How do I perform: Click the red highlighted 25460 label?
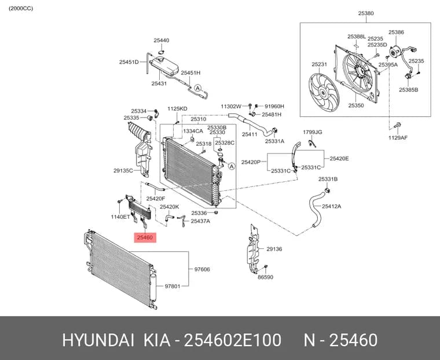[145, 238]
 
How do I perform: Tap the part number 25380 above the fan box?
[366, 13]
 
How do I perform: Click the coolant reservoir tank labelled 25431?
[164, 66]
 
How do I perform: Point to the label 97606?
[202, 269]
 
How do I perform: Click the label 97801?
[173, 286]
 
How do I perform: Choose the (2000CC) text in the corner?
[21, 9]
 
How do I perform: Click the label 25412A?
[331, 207]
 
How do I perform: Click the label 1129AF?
[398, 138]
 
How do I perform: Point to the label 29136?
[274, 249]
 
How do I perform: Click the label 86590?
[266, 277]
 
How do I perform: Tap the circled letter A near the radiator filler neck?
[232, 166]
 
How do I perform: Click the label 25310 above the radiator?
[199, 119]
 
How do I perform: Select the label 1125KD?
[177, 109]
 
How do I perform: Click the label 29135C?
[123, 170]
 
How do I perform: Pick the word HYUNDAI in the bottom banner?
[98, 340]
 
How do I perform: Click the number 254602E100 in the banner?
[232, 340]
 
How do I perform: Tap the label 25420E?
[339, 159]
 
